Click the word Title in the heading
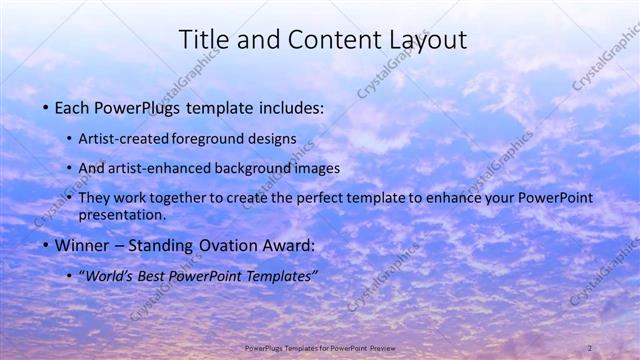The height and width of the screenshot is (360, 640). tap(201, 40)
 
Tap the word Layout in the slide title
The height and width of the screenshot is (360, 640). tap(424, 40)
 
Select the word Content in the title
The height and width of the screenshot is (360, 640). tap(330, 40)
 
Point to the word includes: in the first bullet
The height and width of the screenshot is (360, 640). tap(291, 107)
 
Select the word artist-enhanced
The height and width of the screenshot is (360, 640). tap(170, 168)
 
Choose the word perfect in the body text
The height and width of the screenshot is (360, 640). tap(314, 198)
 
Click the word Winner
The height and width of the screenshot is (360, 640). tap(81, 245)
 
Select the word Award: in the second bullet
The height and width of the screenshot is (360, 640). tap(289, 245)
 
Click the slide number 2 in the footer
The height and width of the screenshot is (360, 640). tap(590, 347)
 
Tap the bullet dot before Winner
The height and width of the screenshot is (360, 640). tap(46, 246)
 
